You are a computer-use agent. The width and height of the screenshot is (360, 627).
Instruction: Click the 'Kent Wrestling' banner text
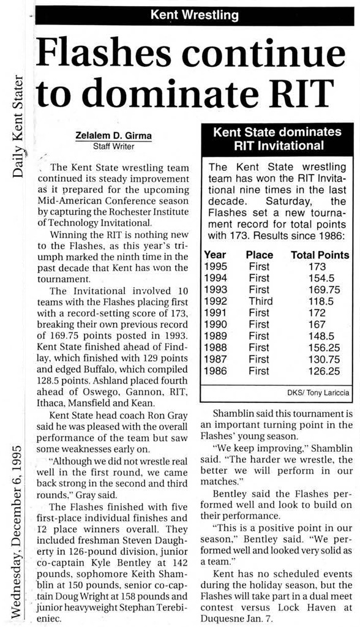pyautogui.click(x=195, y=15)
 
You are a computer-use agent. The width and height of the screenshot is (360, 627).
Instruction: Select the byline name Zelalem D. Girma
pyautogui.click(x=113, y=137)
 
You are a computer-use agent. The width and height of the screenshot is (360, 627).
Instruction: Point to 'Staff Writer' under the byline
pyautogui.click(x=113, y=147)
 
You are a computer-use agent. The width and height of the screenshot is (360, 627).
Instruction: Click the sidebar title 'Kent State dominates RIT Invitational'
pyautogui.click(x=277, y=138)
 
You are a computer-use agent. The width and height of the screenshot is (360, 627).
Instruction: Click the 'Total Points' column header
pyautogui.click(x=320, y=255)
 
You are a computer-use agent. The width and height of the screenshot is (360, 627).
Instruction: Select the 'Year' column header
pyautogui.click(x=216, y=255)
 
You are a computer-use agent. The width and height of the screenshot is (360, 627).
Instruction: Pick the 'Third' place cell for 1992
pyautogui.click(x=260, y=301)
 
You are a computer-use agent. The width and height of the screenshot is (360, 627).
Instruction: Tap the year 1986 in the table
pyautogui.click(x=216, y=370)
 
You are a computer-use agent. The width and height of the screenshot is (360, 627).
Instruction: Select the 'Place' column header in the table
pyautogui.click(x=259, y=255)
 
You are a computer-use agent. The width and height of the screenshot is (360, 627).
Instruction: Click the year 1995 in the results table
pyautogui.click(x=216, y=266)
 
